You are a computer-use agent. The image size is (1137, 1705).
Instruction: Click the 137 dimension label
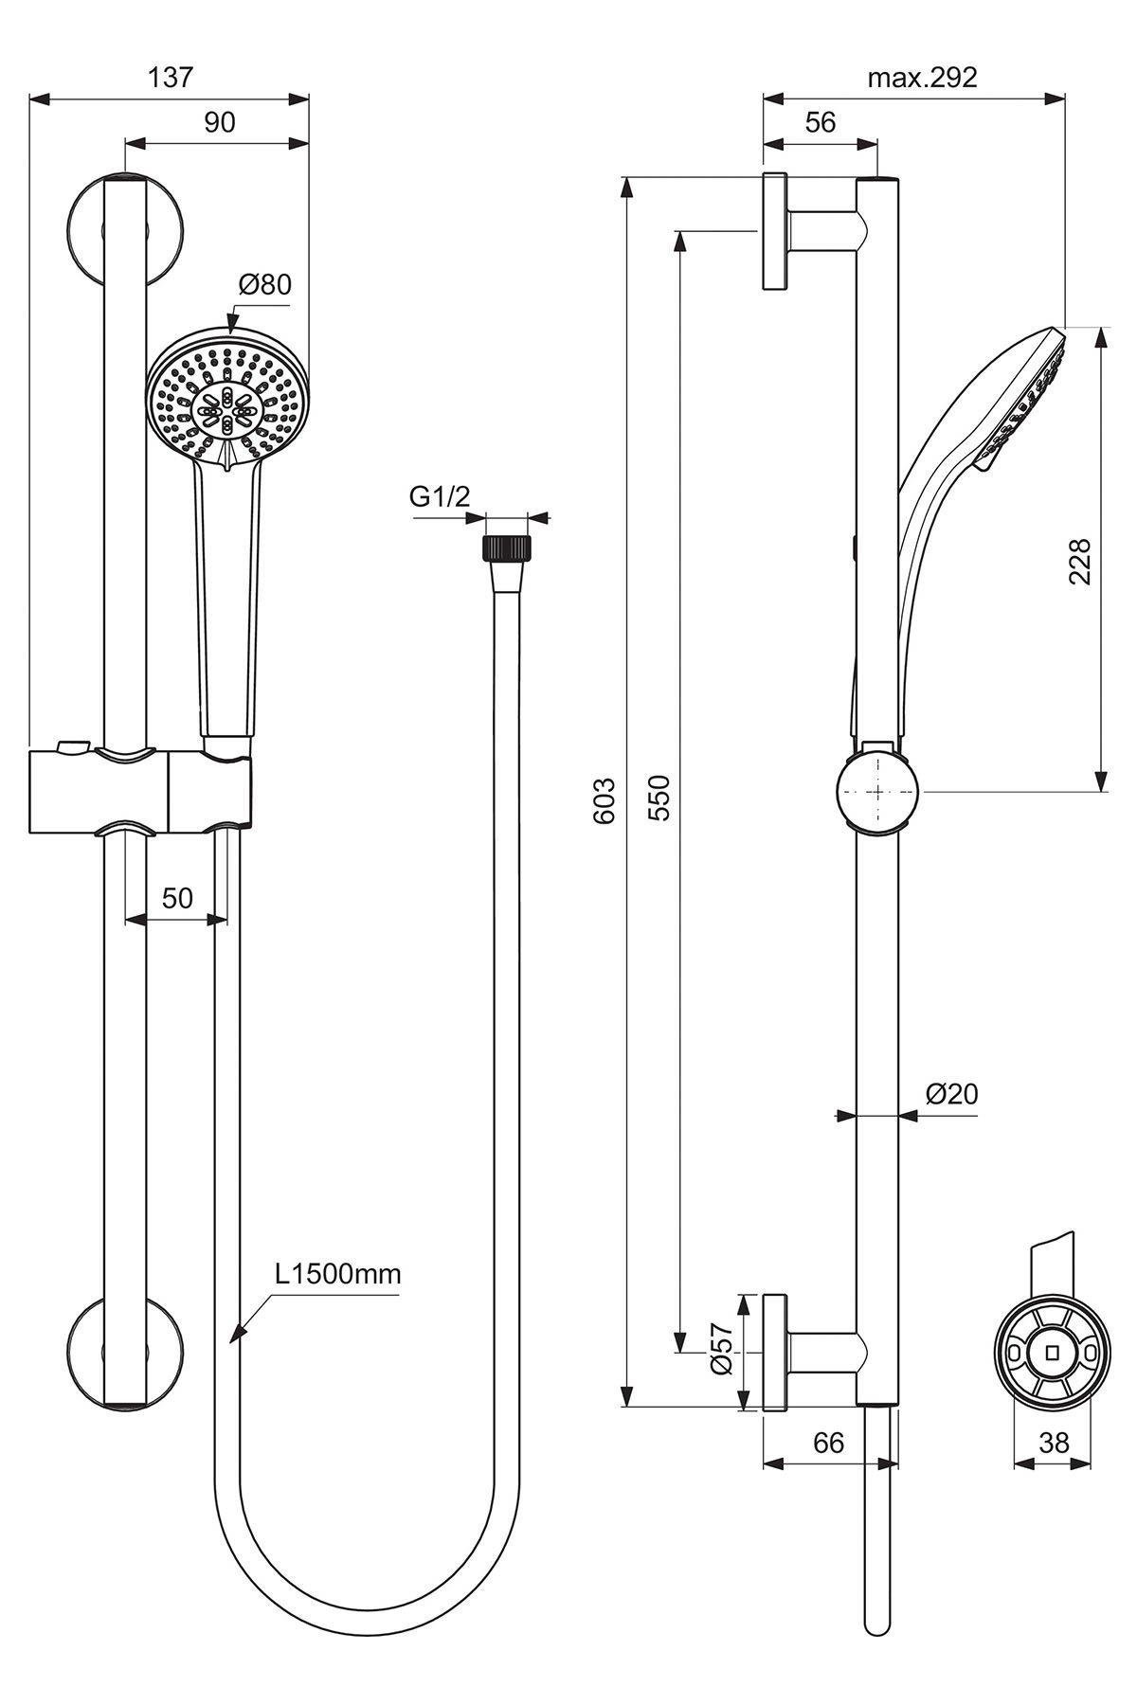(171, 78)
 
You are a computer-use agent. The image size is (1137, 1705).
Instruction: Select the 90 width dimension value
(219, 122)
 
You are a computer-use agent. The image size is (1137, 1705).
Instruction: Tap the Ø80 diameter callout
(264, 283)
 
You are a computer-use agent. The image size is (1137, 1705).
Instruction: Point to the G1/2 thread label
(439, 497)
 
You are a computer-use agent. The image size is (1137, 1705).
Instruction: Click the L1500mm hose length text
(338, 1273)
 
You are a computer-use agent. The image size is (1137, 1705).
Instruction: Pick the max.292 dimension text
(922, 78)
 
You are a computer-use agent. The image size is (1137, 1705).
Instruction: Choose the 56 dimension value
(821, 122)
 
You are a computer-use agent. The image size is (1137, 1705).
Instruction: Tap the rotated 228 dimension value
(1080, 561)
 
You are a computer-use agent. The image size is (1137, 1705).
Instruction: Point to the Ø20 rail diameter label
(951, 1094)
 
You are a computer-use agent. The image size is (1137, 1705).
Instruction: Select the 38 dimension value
(1053, 1443)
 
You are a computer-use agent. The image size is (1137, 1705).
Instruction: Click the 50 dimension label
(177, 897)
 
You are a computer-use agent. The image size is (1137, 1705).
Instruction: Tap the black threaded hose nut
(508, 549)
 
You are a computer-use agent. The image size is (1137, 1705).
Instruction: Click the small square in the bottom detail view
(1051, 1352)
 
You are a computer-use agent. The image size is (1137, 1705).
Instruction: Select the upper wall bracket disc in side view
(775, 231)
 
